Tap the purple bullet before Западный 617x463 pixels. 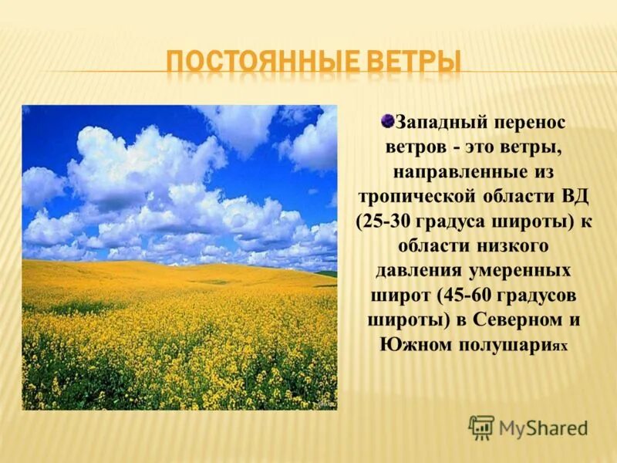[x=388, y=120]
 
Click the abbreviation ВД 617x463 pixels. [x=575, y=196]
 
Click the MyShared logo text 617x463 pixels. [x=543, y=428]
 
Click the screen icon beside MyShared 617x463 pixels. [x=482, y=427]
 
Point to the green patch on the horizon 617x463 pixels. [x=327, y=273]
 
